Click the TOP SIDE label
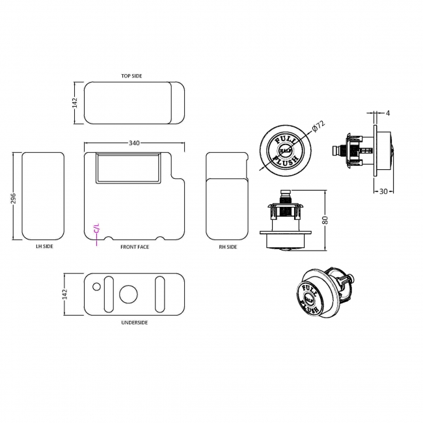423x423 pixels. pos(131,76)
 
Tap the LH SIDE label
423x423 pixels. pos(44,247)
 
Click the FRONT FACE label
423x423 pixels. pos(134,247)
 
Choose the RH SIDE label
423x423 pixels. pos(228,247)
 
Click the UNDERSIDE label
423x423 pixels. pos(134,323)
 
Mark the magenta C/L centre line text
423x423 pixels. pos(97,228)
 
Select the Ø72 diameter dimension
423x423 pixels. pos(318,128)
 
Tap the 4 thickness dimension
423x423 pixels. pos(388,113)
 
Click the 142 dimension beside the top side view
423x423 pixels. pos(75,103)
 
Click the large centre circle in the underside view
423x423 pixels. pos(130,293)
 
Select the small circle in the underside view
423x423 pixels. pos(96,286)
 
